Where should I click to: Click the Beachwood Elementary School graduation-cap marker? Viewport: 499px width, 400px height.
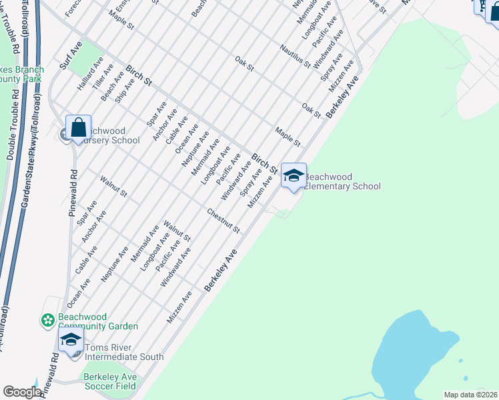294,176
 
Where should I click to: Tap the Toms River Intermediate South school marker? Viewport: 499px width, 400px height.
71,340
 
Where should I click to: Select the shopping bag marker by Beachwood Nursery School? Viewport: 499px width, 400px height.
78,127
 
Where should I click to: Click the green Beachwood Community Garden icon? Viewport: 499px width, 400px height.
48,321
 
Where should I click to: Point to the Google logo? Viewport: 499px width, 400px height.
22,391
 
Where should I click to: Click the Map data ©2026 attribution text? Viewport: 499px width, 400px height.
470,395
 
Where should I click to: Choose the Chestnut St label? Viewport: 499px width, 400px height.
223,221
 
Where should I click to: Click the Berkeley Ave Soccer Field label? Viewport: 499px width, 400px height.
110,381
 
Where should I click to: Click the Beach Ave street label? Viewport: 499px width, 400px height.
111,87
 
